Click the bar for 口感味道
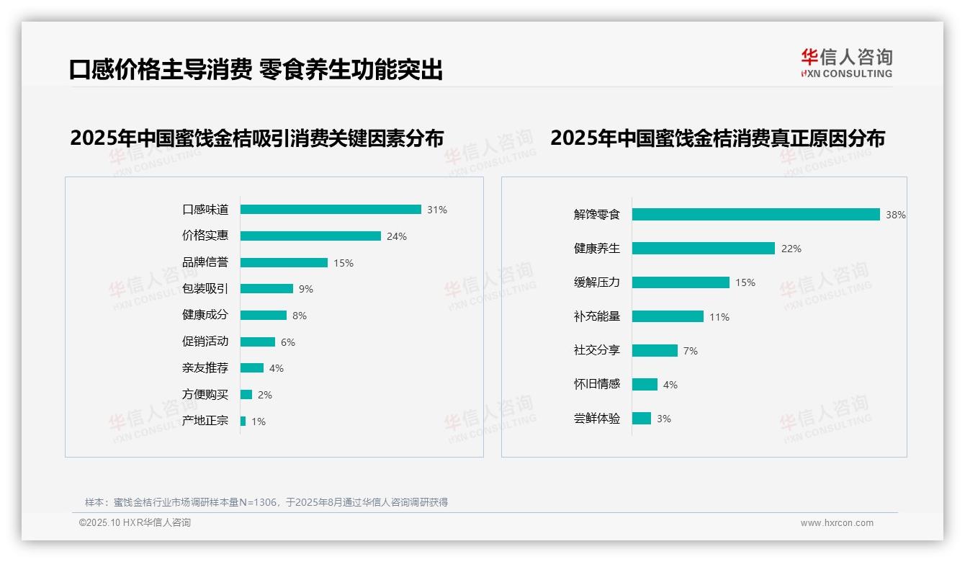[331, 210]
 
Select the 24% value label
[396, 236]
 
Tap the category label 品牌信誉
[205, 262]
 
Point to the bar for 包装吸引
[266, 289]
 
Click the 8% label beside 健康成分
[300, 316]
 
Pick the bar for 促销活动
[258, 342]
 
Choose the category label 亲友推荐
[205, 368]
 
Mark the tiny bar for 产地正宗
[243, 421]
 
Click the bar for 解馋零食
[755, 214]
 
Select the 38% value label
[895, 215]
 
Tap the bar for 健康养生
[703, 248]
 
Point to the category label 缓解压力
[596, 282]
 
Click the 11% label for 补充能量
[719, 317]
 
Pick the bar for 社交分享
[655, 350]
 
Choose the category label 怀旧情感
[596, 384]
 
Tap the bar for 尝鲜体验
[641, 418]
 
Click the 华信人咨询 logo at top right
[846, 63]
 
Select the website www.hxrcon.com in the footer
[836, 523]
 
